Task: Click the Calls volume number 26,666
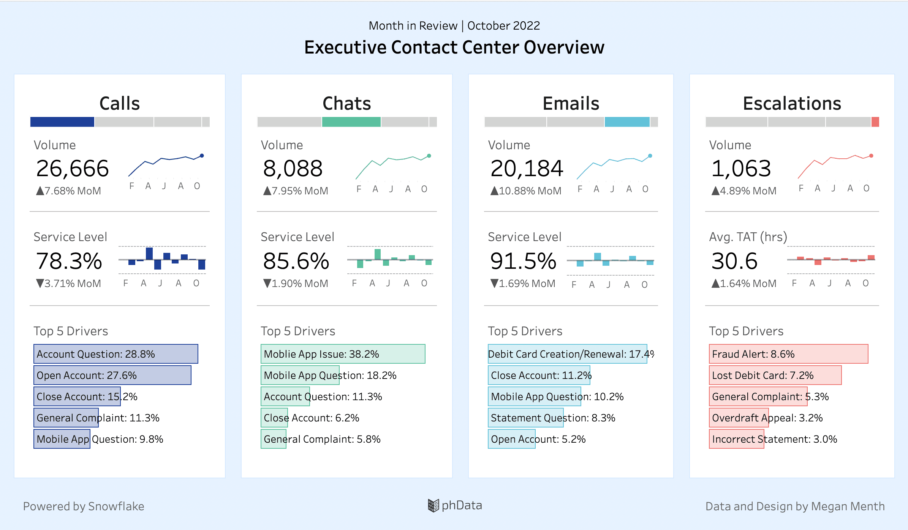coord(72,169)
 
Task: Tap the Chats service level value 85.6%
coord(296,261)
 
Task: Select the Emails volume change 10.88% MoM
coord(526,191)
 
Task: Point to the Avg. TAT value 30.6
coord(734,261)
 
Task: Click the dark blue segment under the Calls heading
coord(62,122)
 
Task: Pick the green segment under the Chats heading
coord(351,122)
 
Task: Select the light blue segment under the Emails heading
coord(627,122)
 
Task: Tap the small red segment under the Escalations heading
coord(875,122)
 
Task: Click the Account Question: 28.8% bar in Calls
coord(115,354)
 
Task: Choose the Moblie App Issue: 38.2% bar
coord(343,354)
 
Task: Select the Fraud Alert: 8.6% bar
coord(788,354)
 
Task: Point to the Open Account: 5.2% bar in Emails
coord(511,439)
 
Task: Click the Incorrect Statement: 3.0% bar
coord(736,439)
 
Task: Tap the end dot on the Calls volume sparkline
coord(202,156)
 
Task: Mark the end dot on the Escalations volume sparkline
coord(871,156)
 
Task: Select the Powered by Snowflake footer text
coord(84,506)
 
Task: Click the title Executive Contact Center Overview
coord(454,47)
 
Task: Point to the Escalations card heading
coord(792,103)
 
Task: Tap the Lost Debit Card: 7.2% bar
coord(775,375)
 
